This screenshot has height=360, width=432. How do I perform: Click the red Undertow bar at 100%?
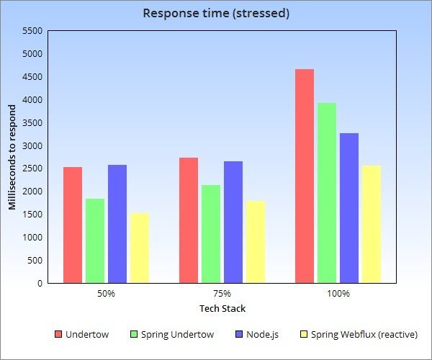304,176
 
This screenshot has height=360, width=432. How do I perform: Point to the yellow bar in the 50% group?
139,248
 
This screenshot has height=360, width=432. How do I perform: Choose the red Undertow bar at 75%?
188,220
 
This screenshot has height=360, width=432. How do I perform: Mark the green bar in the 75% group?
210,233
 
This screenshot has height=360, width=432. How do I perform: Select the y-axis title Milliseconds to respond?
12,156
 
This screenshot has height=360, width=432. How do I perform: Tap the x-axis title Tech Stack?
222,309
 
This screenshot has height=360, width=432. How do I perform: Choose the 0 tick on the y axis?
39,283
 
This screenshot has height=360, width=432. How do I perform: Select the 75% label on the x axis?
222,294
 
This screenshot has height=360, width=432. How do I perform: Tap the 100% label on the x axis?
338,294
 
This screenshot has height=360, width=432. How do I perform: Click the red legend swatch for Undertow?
58,335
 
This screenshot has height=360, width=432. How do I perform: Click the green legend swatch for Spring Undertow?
134,335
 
